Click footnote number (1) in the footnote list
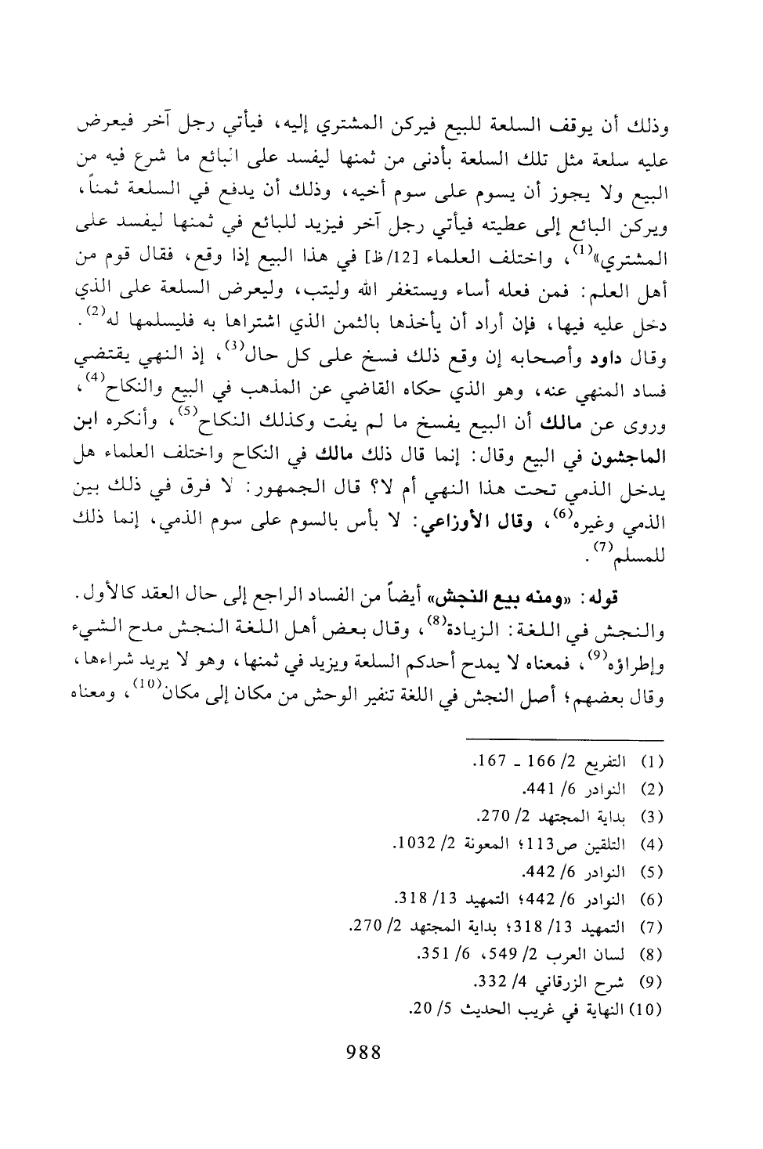(x=653, y=761)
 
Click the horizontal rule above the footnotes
(x=564, y=738)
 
